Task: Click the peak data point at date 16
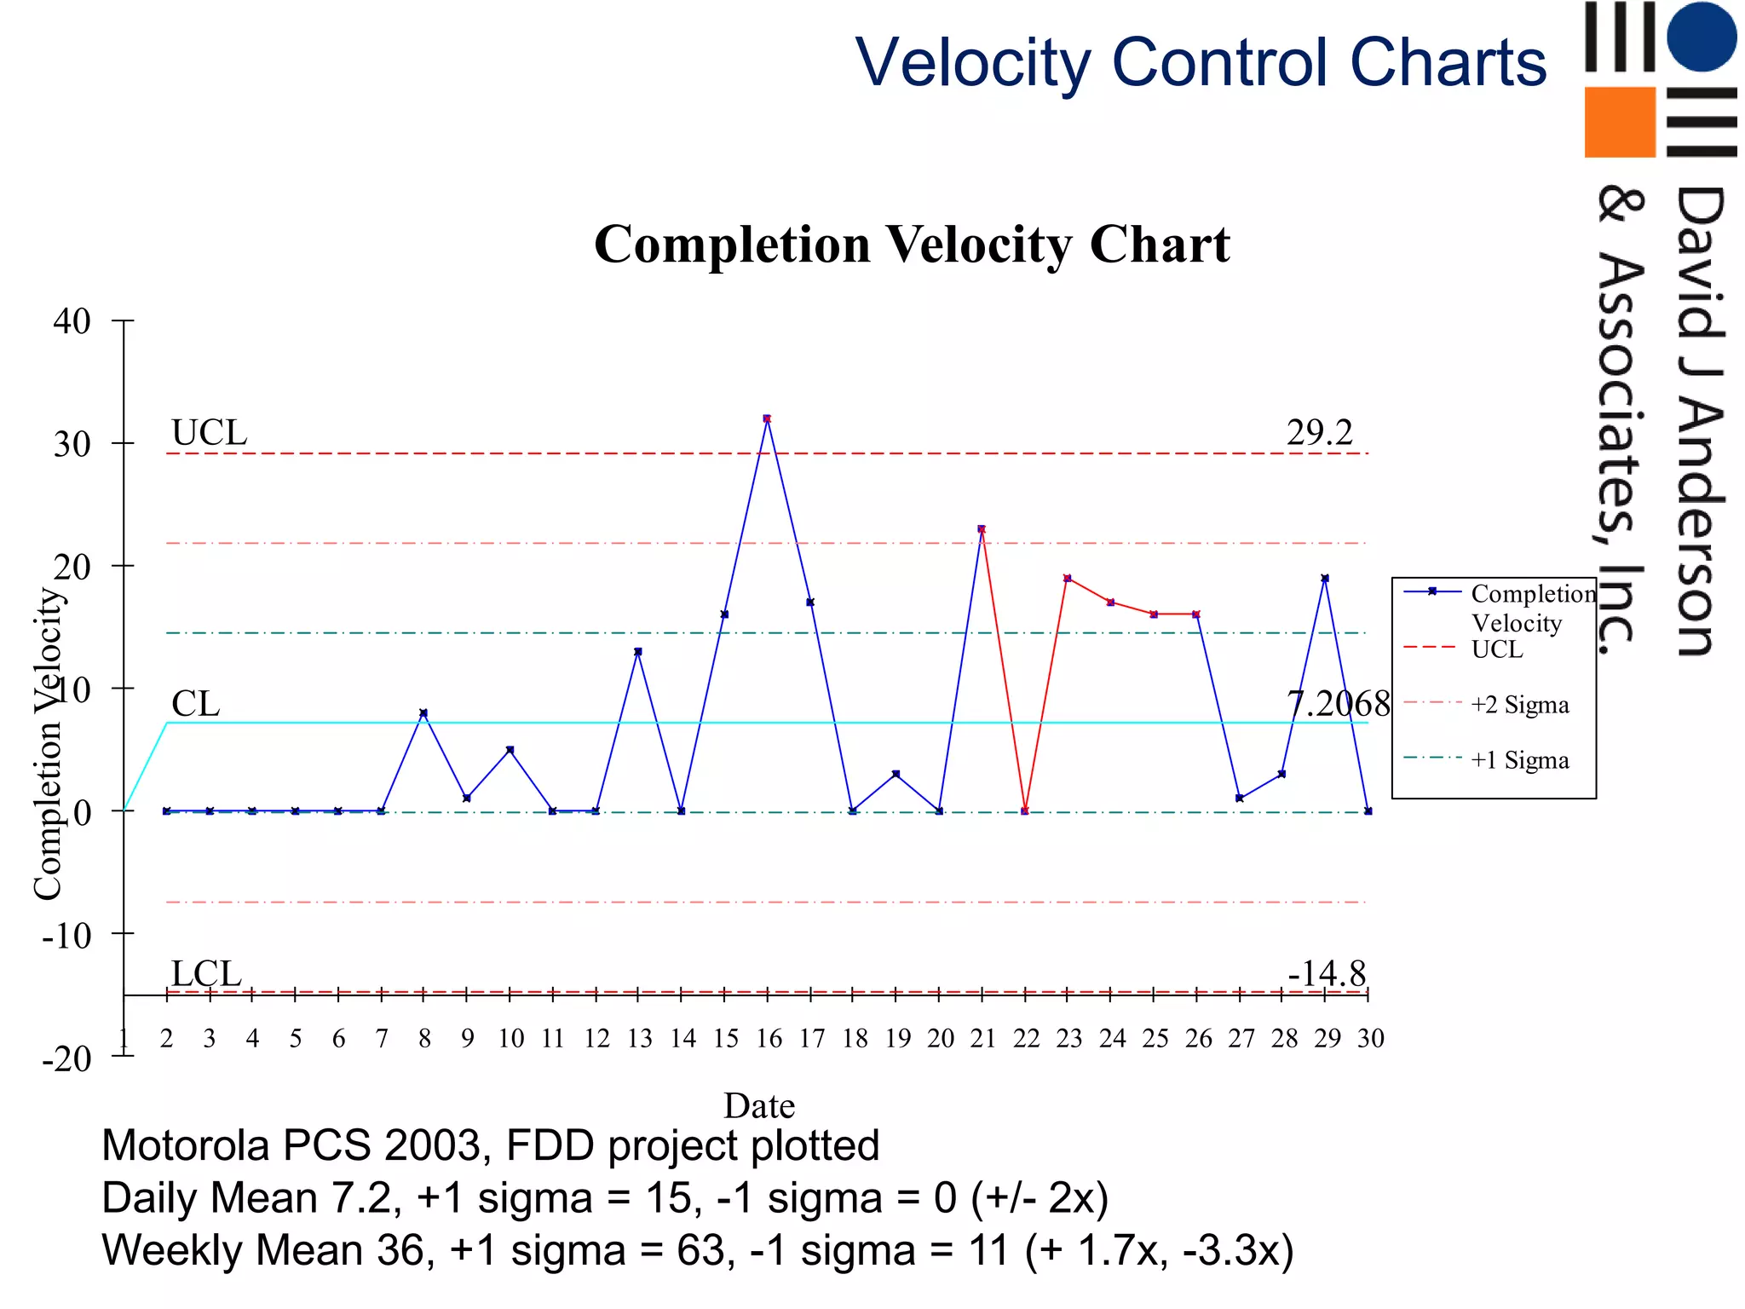coord(767,418)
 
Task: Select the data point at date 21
coord(982,529)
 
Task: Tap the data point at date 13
coord(638,652)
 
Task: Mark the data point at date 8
coord(423,712)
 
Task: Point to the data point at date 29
coord(1325,579)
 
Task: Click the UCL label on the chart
coord(209,433)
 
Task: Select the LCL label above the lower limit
coord(206,973)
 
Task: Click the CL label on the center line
coord(195,704)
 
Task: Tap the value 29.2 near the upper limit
coord(1319,433)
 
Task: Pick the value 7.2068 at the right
coord(1338,704)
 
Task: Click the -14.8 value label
coord(1327,973)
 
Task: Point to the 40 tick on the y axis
coord(72,321)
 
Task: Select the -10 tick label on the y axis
coord(66,936)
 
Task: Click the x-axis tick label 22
coord(1026,1039)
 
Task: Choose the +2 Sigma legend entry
coord(1519,705)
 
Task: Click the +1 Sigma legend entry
coord(1519,760)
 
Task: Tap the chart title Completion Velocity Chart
coord(912,245)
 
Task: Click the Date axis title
coord(759,1105)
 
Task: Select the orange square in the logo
coord(1619,122)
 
